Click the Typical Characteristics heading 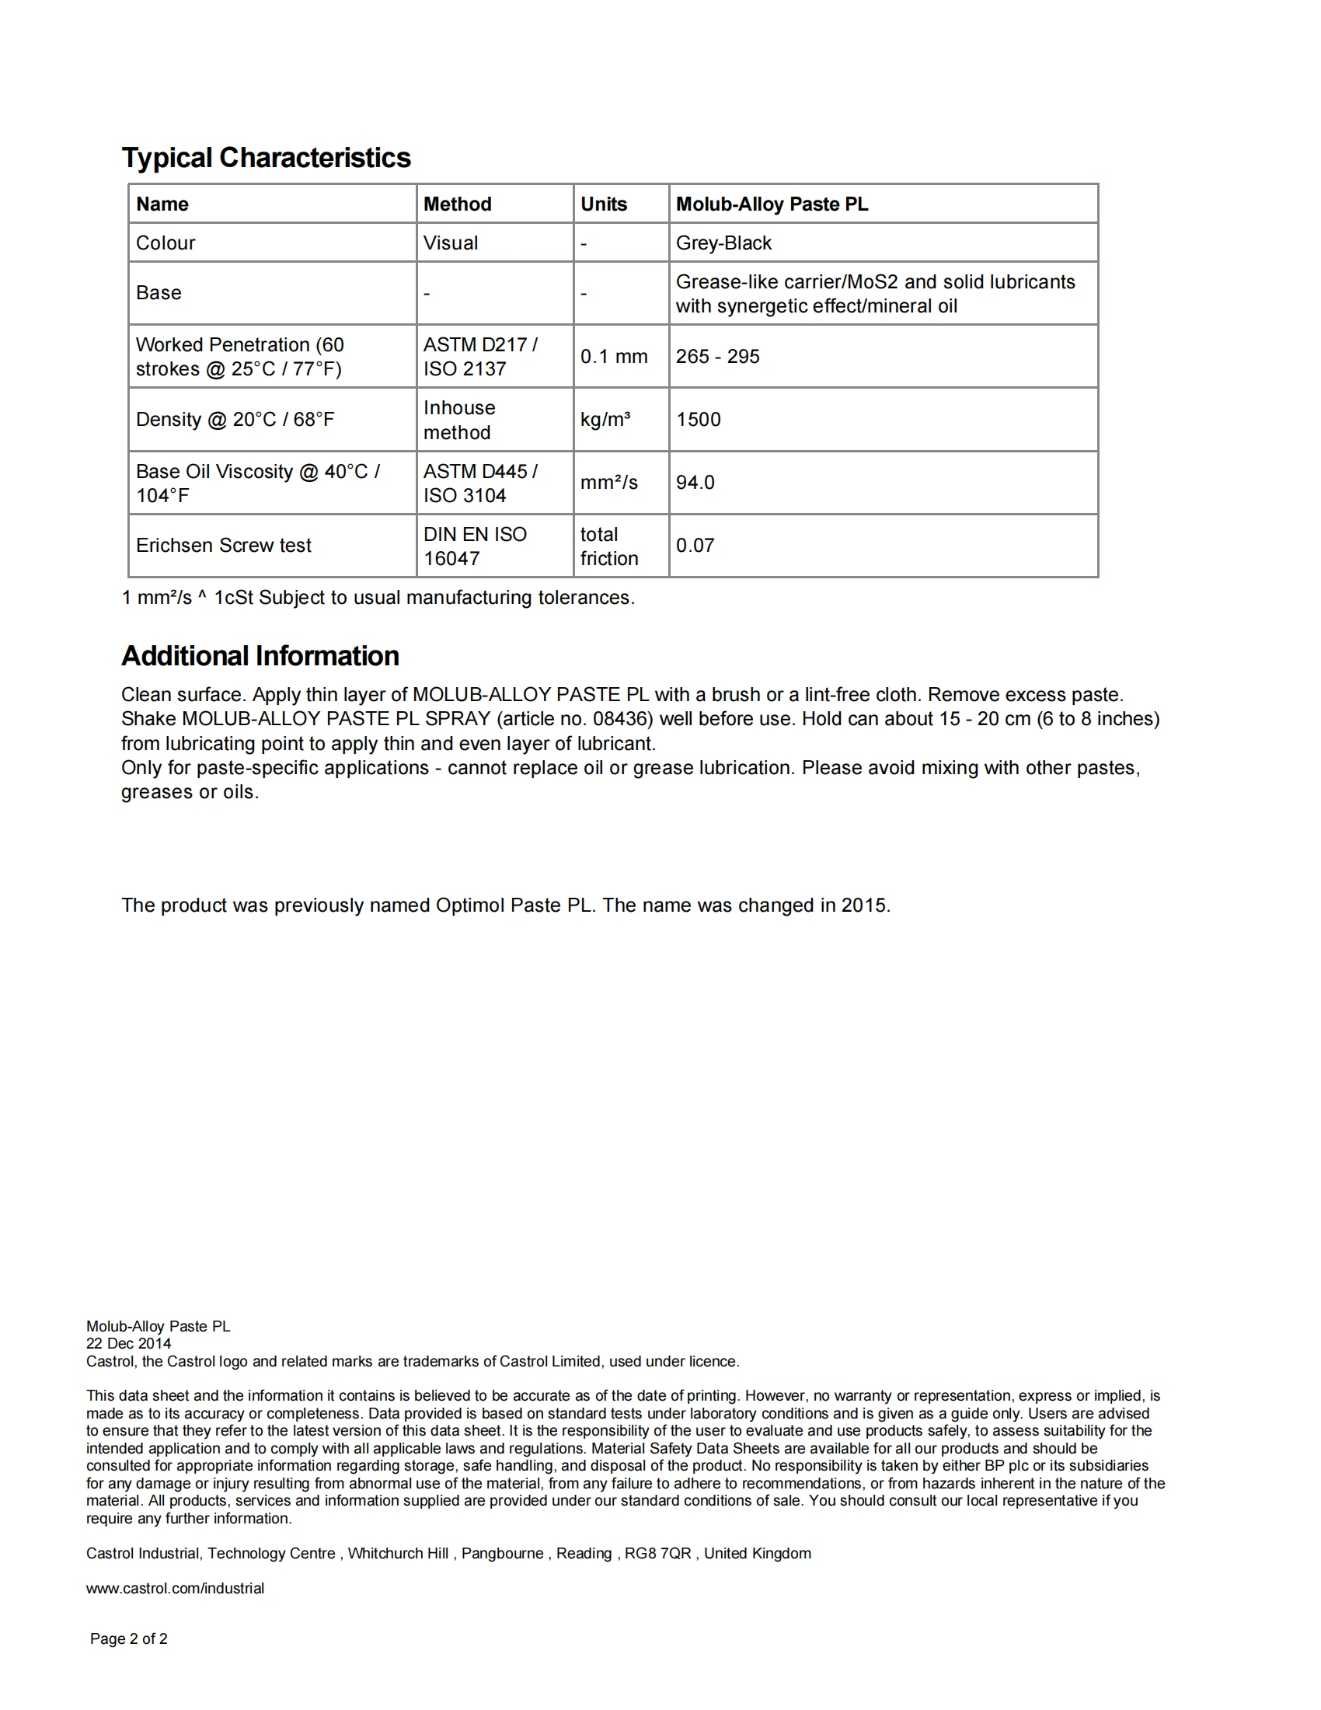click(266, 157)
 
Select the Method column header click(457, 204)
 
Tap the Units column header click(603, 204)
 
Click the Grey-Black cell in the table click(723, 243)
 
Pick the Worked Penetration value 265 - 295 click(717, 356)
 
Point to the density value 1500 click(698, 420)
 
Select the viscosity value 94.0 click(695, 483)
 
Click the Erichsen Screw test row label click(223, 545)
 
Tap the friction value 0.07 click(695, 545)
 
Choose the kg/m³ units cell click(605, 420)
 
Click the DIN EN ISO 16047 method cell click(474, 546)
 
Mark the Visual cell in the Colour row click(450, 243)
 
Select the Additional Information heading click(260, 656)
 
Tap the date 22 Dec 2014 click(128, 1344)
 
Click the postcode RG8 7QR click(657, 1554)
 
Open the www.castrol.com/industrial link click(176, 1588)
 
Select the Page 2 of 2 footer click(128, 1638)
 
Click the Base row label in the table click(158, 293)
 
